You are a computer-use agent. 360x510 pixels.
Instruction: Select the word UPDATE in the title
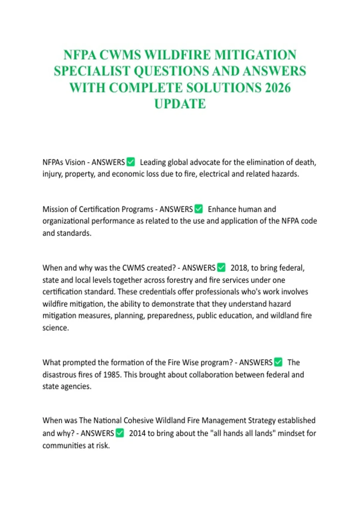coord(180,104)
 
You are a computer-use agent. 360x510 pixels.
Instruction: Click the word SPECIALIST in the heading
coord(92,71)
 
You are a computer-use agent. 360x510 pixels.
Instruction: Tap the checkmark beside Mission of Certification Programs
coord(199,209)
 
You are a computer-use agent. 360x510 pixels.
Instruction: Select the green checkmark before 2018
coord(221,267)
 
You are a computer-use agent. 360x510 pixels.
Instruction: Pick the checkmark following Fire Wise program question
coord(278,362)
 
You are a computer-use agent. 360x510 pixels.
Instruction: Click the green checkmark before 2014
coord(120,433)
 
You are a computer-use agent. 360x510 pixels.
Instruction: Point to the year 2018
coord(239,268)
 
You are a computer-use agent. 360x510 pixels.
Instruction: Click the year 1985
coord(112,375)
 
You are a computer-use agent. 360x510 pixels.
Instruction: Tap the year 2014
coord(137,433)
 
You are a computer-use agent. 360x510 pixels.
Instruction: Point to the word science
coord(55,328)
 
